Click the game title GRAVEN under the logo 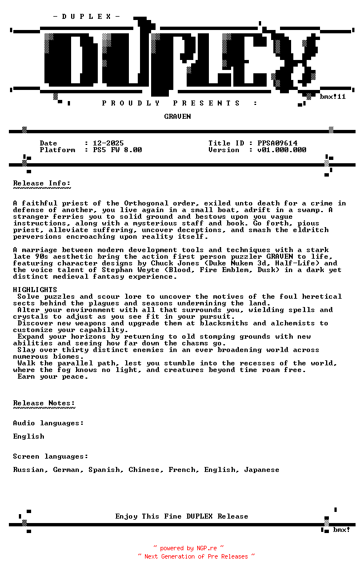pyautogui.click(x=177, y=117)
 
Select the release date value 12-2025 pyautogui.click(x=108, y=143)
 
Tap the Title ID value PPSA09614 pyautogui.click(x=277, y=143)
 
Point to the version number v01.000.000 pyautogui.click(x=282, y=150)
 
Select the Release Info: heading pyautogui.click(x=42, y=183)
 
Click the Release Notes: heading pyautogui.click(x=44, y=403)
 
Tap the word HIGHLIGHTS pyautogui.click(x=35, y=290)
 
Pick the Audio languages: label pyautogui.click(x=48, y=423)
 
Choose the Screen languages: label pyautogui.click(x=51, y=456)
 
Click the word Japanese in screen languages pyautogui.click(x=262, y=470)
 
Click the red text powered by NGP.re pyautogui.click(x=188, y=548)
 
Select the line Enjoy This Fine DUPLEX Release pyautogui.click(x=182, y=516)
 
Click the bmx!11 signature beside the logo pyautogui.click(x=333, y=97)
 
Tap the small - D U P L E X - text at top pyautogui.click(x=86, y=17)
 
